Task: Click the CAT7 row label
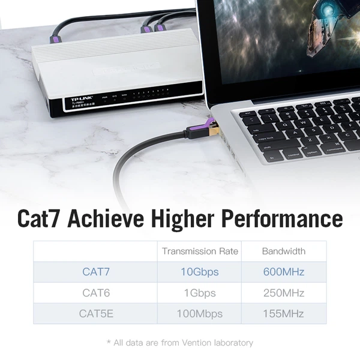click(96, 272)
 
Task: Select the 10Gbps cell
click(200, 272)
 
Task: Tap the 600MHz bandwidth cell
click(283, 272)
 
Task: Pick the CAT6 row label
click(96, 293)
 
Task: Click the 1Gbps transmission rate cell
click(200, 293)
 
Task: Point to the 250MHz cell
click(283, 293)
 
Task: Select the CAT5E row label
click(96, 313)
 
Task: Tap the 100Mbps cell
click(200, 313)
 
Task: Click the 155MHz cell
click(283, 313)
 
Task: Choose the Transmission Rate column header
click(200, 251)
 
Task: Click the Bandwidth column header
click(283, 251)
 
